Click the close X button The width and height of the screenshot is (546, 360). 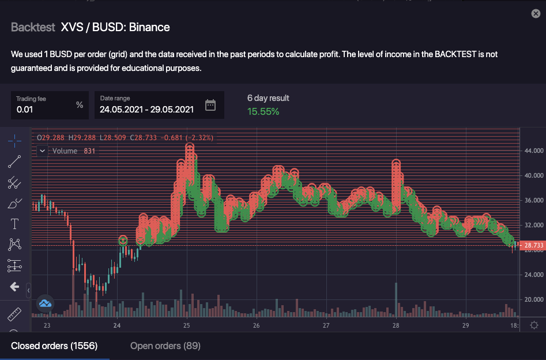tap(536, 13)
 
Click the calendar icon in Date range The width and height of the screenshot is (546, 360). tap(210, 105)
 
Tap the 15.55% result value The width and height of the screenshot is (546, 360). tap(263, 111)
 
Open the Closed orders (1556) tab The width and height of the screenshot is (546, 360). tap(54, 346)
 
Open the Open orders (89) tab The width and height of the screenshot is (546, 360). tap(165, 346)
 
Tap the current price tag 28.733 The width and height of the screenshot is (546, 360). tap(533, 246)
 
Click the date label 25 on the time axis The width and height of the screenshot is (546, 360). tap(187, 325)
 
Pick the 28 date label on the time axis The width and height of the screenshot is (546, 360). tap(396, 325)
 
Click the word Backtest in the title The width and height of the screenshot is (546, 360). tap(33, 27)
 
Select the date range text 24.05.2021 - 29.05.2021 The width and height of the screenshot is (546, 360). tap(146, 109)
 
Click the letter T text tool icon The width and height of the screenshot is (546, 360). tap(14, 224)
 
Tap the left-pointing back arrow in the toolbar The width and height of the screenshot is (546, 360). tap(14, 287)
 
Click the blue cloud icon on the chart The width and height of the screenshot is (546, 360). tap(45, 303)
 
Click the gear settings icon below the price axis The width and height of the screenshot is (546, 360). tap(534, 325)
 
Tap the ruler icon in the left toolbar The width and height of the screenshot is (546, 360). tap(14, 315)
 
